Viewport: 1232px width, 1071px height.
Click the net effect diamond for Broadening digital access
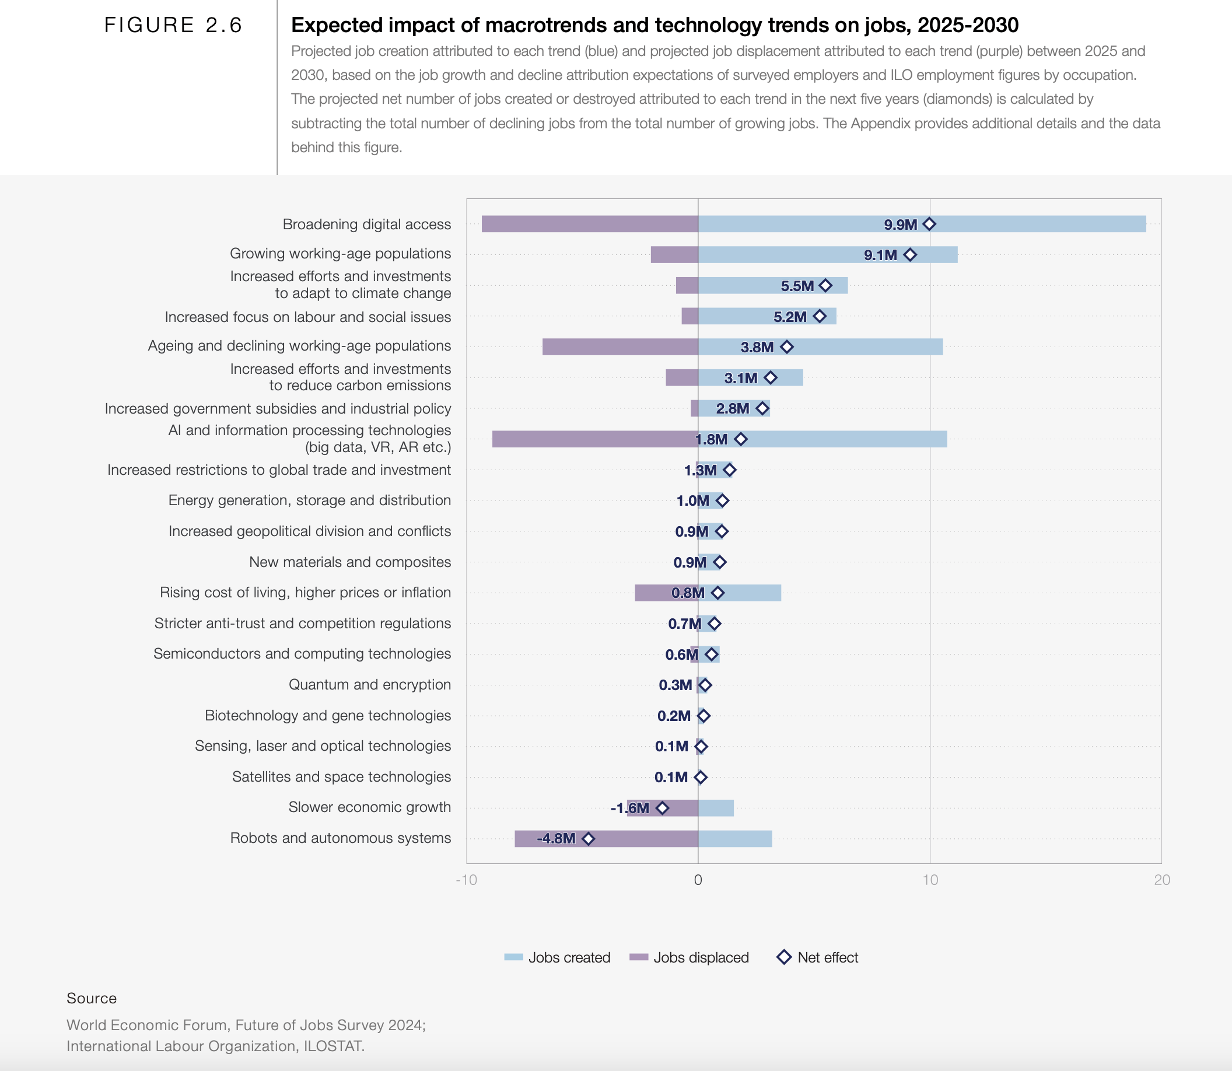coord(929,224)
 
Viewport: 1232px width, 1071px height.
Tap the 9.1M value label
coord(880,255)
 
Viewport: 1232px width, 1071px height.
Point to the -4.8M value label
coord(556,838)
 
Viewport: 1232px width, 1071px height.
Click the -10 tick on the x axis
coord(466,880)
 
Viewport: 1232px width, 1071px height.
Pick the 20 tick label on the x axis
coord(1161,880)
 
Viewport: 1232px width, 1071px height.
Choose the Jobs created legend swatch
coord(513,957)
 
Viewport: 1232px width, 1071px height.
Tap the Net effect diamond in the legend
coord(783,957)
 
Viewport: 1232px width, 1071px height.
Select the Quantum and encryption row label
coord(369,684)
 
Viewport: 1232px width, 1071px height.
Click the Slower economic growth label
coord(369,807)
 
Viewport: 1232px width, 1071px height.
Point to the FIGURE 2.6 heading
coord(173,25)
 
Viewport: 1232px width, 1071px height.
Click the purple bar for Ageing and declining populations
coord(620,346)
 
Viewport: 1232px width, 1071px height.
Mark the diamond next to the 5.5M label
coord(825,286)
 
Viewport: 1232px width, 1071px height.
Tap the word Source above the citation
coord(92,998)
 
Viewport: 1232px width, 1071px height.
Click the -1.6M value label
coord(629,808)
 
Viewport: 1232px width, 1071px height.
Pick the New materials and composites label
coord(349,562)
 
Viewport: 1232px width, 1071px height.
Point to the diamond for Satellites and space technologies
coord(701,777)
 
